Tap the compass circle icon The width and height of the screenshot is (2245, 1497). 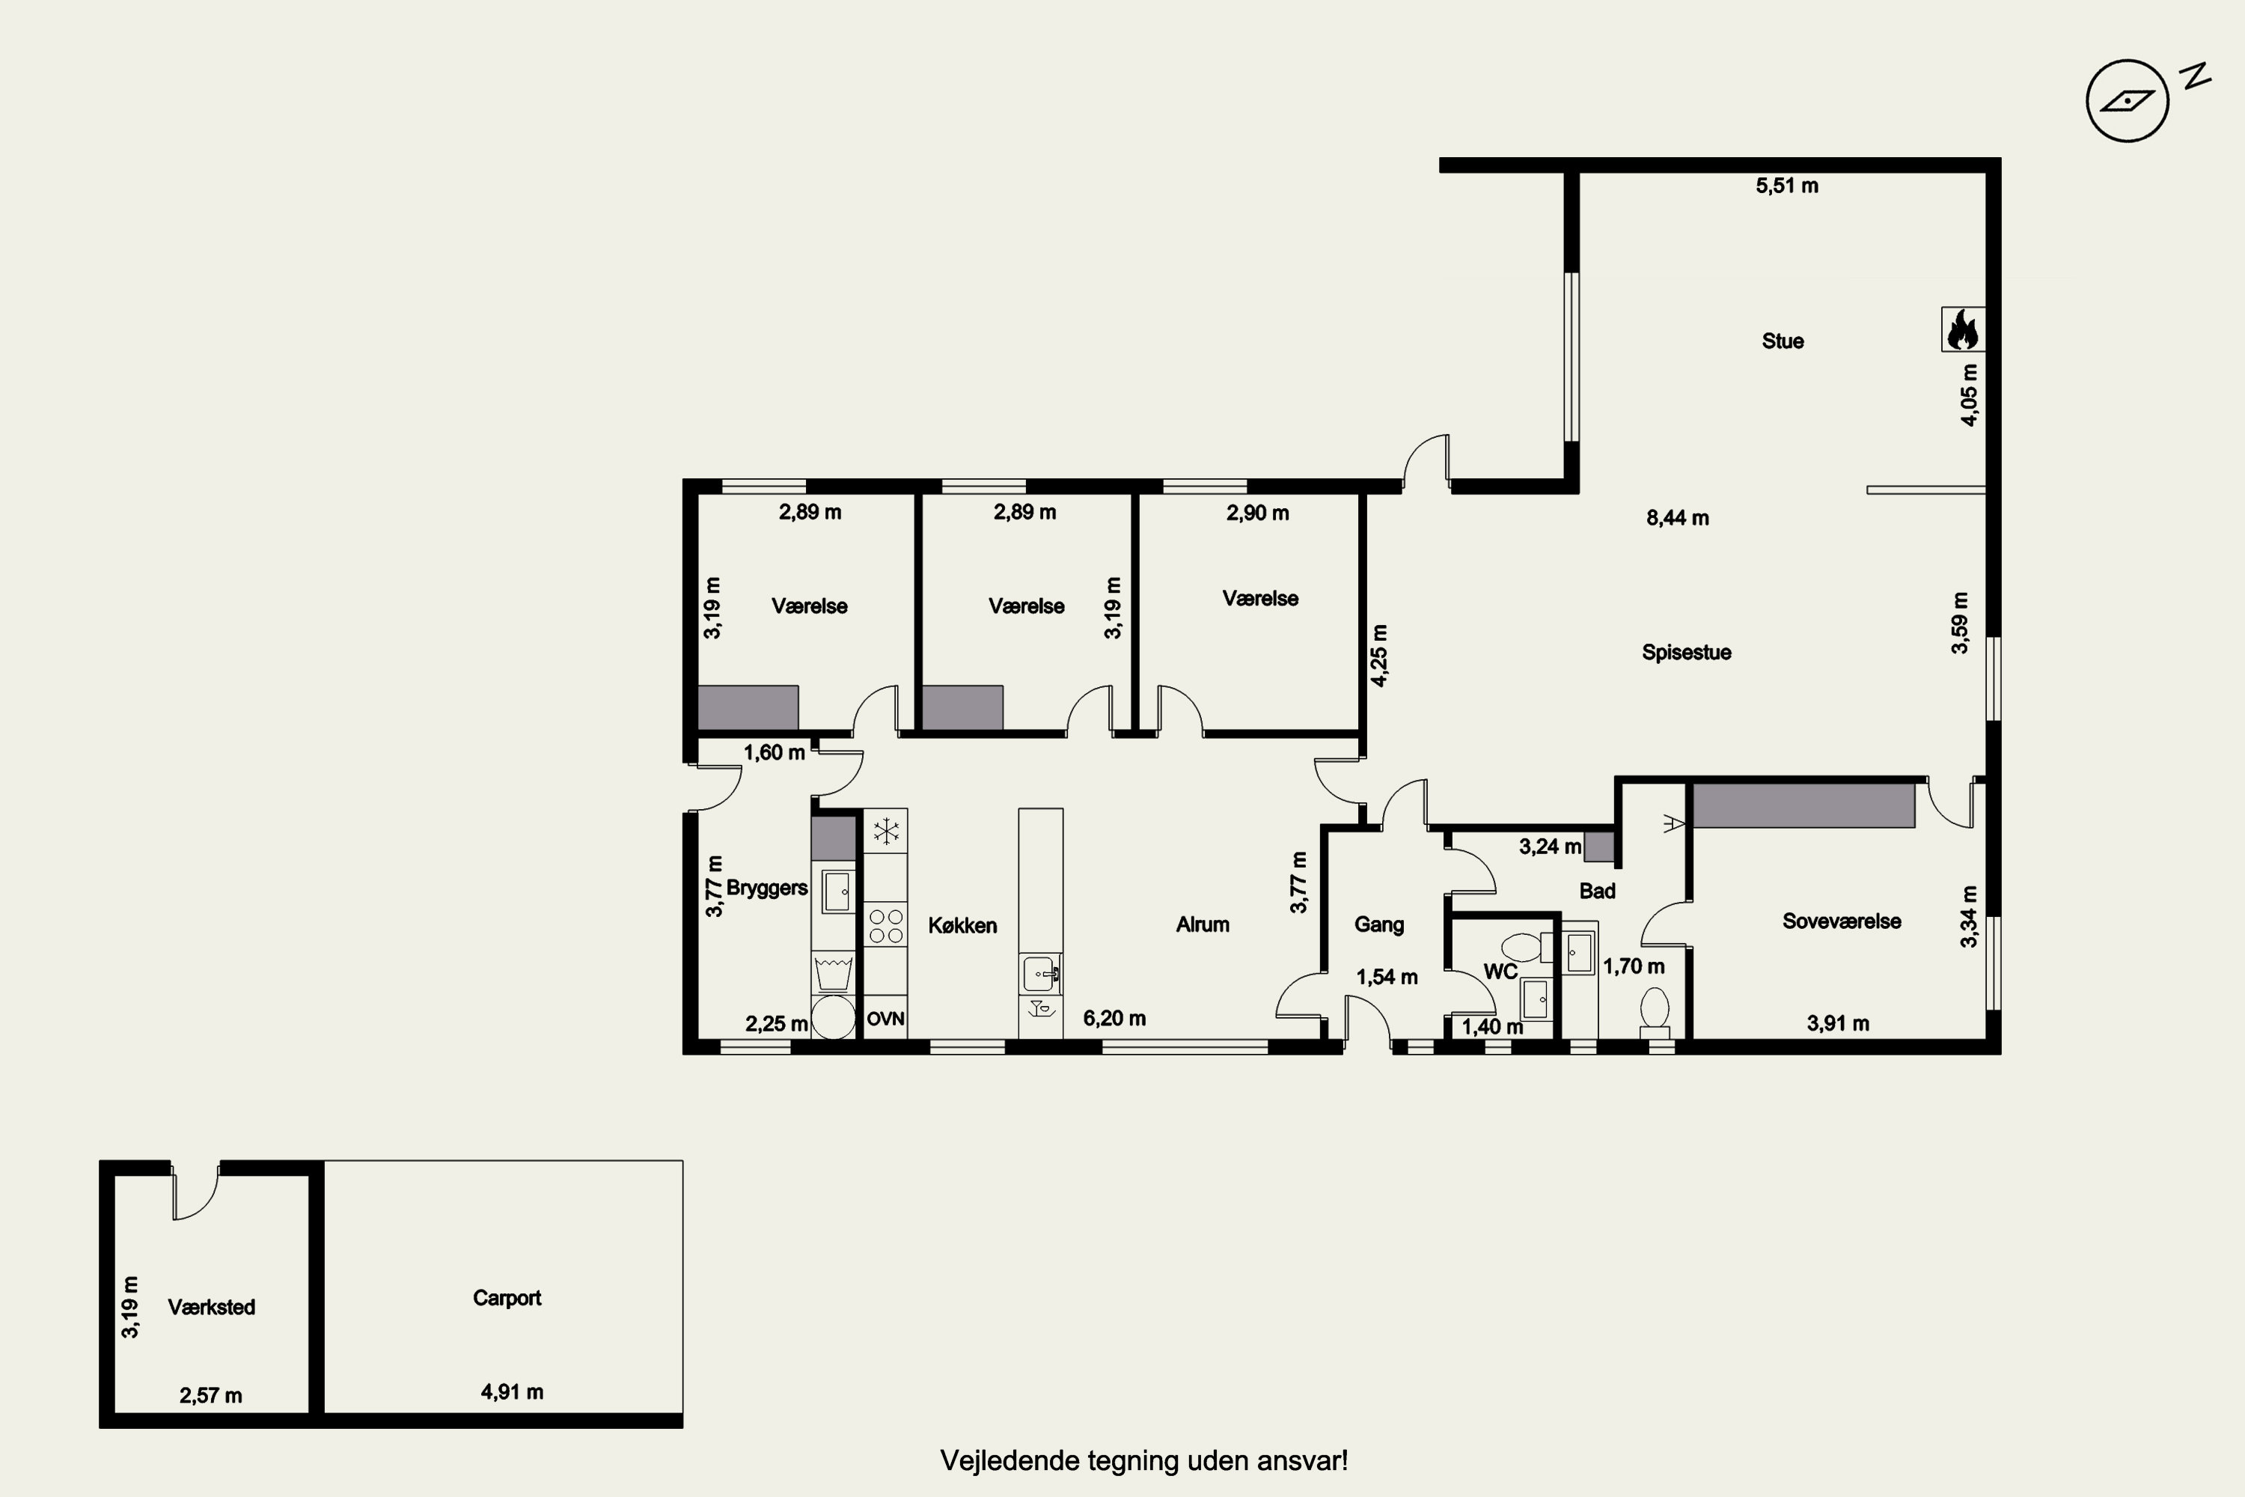(2128, 100)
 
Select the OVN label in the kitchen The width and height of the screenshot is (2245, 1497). (885, 1019)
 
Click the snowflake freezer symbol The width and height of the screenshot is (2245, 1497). (886, 831)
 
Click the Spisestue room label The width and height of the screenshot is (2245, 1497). (1686, 652)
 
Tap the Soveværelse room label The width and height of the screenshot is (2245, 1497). (1841, 921)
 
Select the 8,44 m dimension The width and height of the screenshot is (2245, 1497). (1677, 517)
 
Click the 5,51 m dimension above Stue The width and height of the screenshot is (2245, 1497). (1787, 185)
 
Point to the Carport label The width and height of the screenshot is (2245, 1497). (507, 1297)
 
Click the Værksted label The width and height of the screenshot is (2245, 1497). (211, 1307)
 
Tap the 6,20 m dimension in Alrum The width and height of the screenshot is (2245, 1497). (1114, 1018)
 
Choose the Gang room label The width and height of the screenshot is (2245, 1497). (1378, 924)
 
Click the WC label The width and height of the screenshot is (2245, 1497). (1500, 972)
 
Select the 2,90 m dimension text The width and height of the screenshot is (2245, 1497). (1257, 513)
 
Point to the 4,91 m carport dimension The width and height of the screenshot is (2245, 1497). (512, 1392)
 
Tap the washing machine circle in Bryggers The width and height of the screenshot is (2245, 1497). (834, 1018)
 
